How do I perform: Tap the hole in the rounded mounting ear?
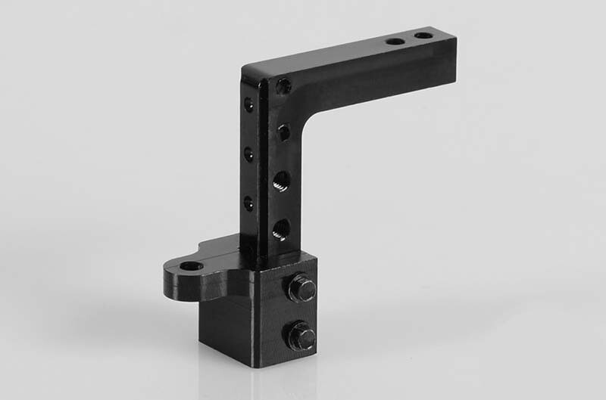click(x=190, y=266)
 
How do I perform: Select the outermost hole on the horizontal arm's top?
click(x=423, y=35)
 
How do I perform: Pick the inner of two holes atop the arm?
click(x=395, y=40)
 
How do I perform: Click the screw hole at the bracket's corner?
click(x=283, y=86)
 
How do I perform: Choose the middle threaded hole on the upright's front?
click(x=280, y=181)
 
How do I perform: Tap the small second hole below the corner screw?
click(x=283, y=133)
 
